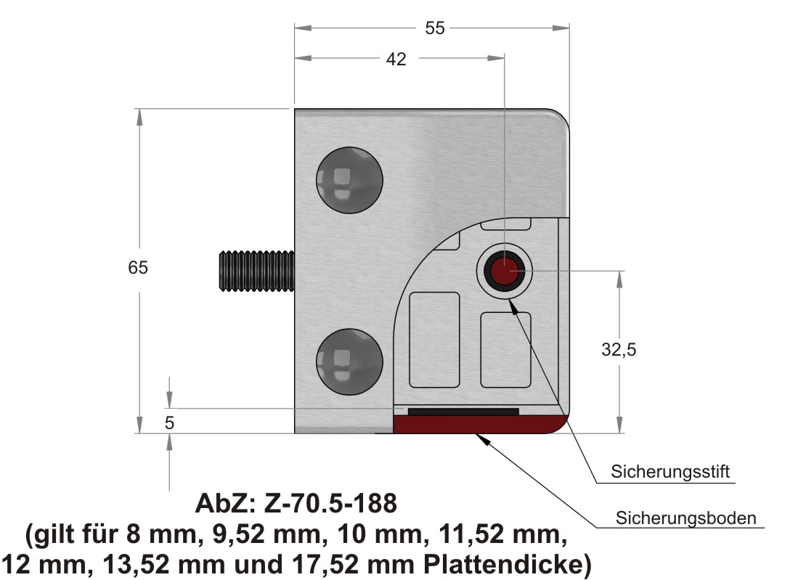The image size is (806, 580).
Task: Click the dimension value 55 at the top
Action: pyautogui.click(x=434, y=28)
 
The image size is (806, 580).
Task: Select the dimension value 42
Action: pyautogui.click(x=396, y=59)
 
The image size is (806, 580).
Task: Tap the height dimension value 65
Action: pyautogui.click(x=138, y=268)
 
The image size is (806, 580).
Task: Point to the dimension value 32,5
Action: pyautogui.click(x=619, y=350)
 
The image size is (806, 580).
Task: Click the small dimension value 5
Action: pyautogui.click(x=170, y=422)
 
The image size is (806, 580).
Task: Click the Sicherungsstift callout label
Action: pyautogui.click(x=670, y=472)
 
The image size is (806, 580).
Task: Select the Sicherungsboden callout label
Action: pyautogui.click(x=685, y=518)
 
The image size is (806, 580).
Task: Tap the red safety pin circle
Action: pyautogui.click(x=504, y=271)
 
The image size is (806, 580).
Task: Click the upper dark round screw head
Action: pyautogui.click(x=349, y=180)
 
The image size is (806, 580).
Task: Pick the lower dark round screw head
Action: pyautogui.click(x=349, y=362)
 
